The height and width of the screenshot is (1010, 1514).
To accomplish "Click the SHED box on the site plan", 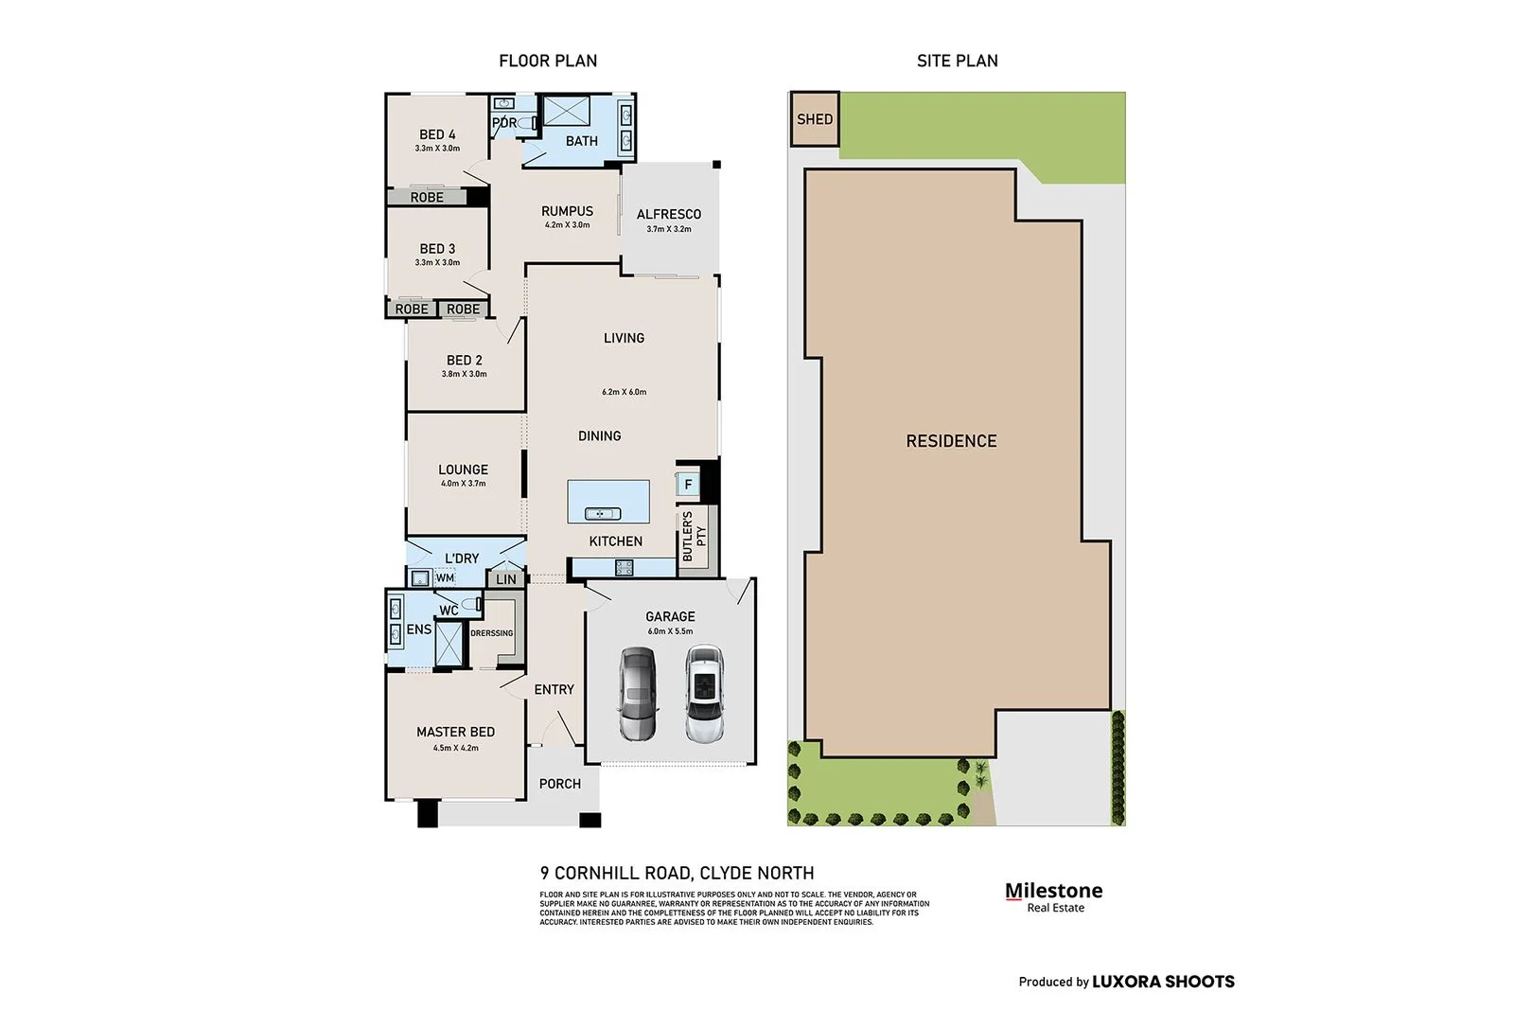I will [x=814, y=119].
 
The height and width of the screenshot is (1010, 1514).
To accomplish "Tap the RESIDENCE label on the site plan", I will [x=951, y=441].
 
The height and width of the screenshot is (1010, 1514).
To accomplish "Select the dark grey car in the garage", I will [x=638, y=694].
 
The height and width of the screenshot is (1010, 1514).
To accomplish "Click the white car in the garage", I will [x=703, y=694].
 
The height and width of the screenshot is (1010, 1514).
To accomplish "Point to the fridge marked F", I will [x=688, y=485].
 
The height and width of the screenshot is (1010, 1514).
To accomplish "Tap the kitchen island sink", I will [x=603, y=514].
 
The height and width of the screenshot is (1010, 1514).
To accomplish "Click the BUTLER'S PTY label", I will [x=694, y=537].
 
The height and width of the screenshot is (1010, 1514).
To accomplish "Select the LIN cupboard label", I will [x=506, y=579].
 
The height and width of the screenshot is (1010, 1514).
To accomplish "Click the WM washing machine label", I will [x=445, y=578].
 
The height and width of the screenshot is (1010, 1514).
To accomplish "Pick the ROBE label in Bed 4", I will [x=427, y=198].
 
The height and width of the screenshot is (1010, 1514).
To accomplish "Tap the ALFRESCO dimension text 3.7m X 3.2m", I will [x=669, y=229].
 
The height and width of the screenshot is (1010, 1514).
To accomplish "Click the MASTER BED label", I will [x=455, y=732].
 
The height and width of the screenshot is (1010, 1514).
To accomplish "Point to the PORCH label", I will [x=560, y=784].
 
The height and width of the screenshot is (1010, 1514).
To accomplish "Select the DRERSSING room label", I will [x=492, y=633].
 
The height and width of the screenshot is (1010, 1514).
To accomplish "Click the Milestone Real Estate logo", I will [x=1053, y=896].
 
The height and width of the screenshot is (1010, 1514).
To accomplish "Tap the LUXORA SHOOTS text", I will [x=1163, y=982].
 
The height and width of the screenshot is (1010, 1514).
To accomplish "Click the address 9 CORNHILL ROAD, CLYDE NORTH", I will [x=677, y=873].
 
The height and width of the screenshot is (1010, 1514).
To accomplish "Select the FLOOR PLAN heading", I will [x=548, y=61].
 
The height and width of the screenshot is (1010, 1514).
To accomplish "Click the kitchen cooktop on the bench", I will [x=625, y=568].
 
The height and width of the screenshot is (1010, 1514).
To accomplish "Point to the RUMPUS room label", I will [x=567, y=211].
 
